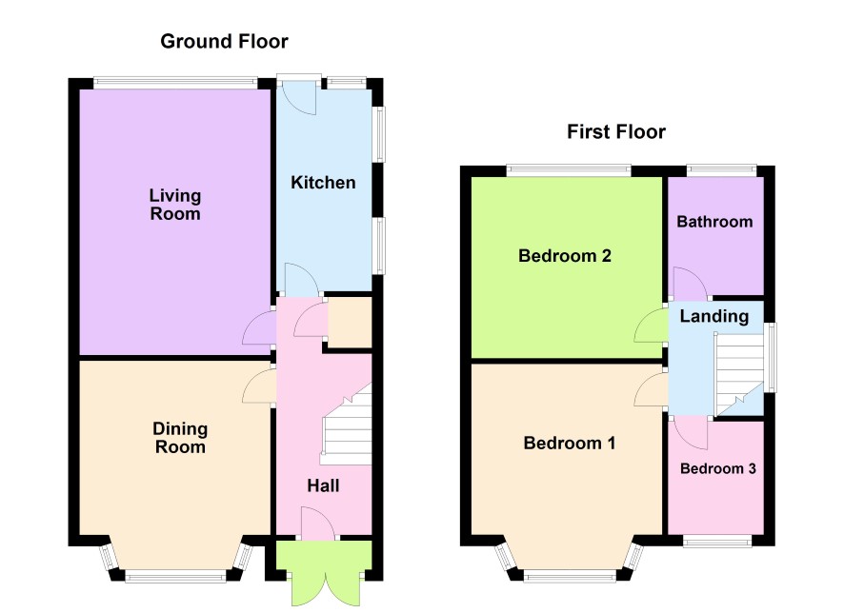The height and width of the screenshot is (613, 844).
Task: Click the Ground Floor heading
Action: pyautogui.click(x=224, y=41)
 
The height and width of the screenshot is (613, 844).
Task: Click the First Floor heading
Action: pyautogui.click(x=616, y=131)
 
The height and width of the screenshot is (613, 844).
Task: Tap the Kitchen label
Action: pyautogui.click(x=323, y=183)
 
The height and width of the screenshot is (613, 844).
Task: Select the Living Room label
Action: pyautogui.click(x=175, y=205)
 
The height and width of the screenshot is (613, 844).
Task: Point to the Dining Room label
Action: pyautogui.click(x=180, y=438)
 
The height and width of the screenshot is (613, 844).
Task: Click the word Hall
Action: pyautogui.click(x=323, y=486)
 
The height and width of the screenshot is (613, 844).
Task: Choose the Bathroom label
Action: pyautogui.click(x=714, y=222)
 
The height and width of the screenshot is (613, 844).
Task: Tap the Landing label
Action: pyautogui.click(x=714, y=317)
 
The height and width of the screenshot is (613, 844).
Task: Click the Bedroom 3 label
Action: pyautogui.click(x=718, y=469)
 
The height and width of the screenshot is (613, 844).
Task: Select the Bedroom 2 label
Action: pyautogui.click(x=565, y=256)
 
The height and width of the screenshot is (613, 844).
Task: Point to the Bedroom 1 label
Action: pyautogui.click(x=570, y=443)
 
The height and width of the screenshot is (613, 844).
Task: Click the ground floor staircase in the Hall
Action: pyautogui.click(x=347, y=425)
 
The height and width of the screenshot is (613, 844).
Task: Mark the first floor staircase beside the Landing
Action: pyautogui.click(x=739, y=375)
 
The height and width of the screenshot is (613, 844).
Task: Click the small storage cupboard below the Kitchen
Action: pyautogui.click(x=350, y=323)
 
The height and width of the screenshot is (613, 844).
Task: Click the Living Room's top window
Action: pyautogui.click(x=175, y=82)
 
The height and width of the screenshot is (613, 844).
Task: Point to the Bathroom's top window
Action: pyautogui.click(x=721, y=170)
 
